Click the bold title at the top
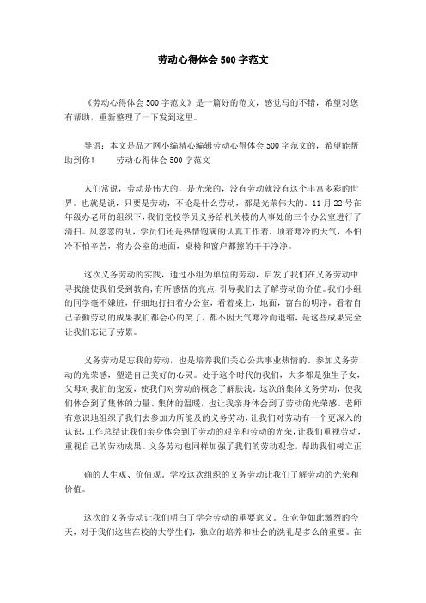coord(213,62)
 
